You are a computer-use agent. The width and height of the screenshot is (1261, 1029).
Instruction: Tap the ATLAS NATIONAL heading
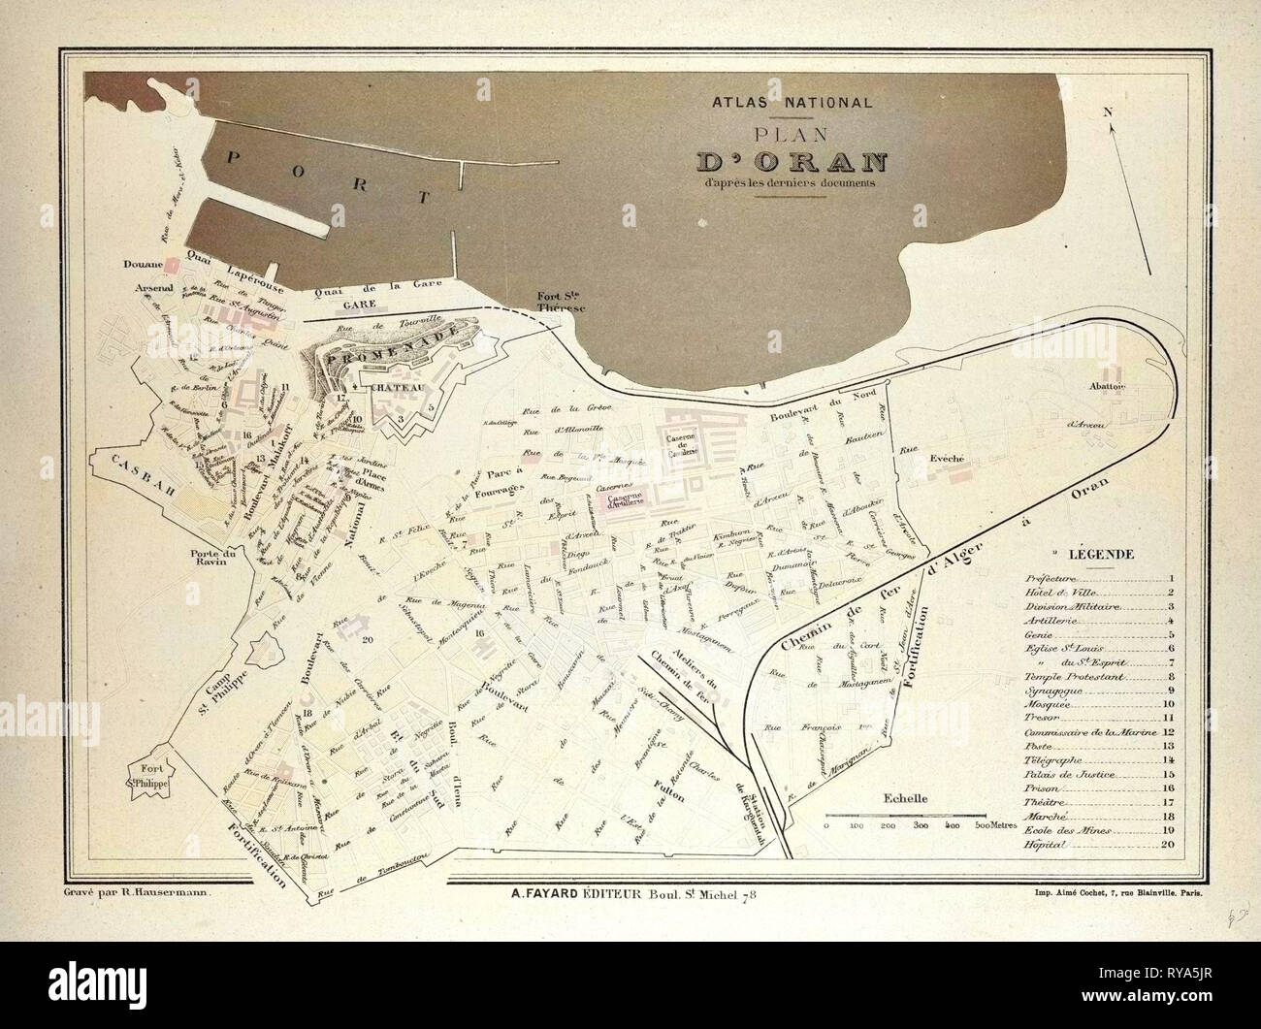(x=792, y=101)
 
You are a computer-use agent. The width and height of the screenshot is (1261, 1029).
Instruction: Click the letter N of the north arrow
(x=1106, y=112)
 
